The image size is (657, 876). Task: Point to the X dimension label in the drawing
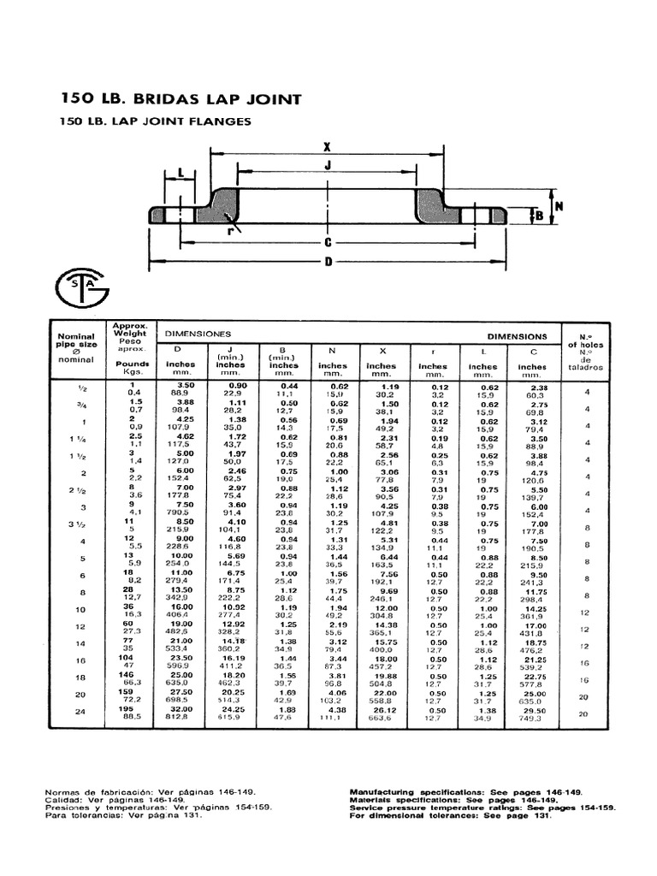coord(328,145)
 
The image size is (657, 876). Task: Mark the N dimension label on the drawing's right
coord(559,206)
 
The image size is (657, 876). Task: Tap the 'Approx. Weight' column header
coord(130,338)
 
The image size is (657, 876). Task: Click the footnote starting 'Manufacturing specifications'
coord(466,792)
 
